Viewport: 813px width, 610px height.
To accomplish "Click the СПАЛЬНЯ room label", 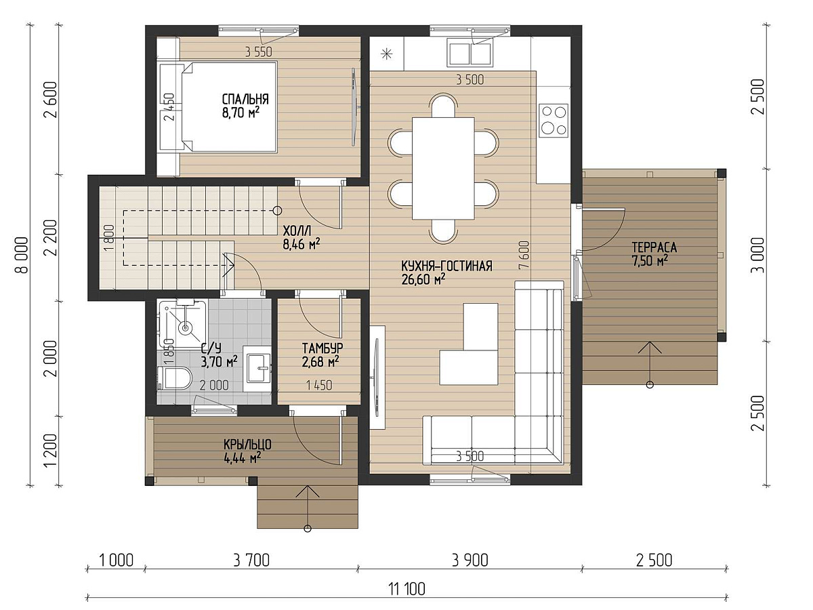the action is (245, 99).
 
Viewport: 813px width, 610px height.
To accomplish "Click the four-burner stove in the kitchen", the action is (554, 121).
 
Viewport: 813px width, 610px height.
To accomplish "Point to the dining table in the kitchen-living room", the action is (443, 169).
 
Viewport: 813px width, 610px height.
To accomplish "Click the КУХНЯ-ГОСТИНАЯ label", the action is (446, 266).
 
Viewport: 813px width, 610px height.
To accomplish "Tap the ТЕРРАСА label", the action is (654, 247).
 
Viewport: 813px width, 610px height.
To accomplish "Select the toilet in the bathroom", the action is (174, 378).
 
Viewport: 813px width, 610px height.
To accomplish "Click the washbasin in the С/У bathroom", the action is (259, 368).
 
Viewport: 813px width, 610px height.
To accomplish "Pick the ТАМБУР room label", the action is (322, 348).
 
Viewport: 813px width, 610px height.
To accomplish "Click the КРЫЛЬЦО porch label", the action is (247, 445).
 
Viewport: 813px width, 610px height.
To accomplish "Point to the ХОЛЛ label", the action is (297, 231).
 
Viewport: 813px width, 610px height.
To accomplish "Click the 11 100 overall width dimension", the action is (406, 588).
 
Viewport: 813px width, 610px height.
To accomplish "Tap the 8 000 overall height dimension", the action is (22, 255).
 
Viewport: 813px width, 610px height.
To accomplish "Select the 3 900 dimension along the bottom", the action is (470, 561).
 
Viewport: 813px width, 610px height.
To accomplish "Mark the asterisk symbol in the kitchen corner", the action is (387, 54).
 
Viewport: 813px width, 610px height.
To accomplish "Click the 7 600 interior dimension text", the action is (524, 256).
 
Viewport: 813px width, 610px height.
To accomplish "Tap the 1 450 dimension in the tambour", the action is (319, 385).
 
